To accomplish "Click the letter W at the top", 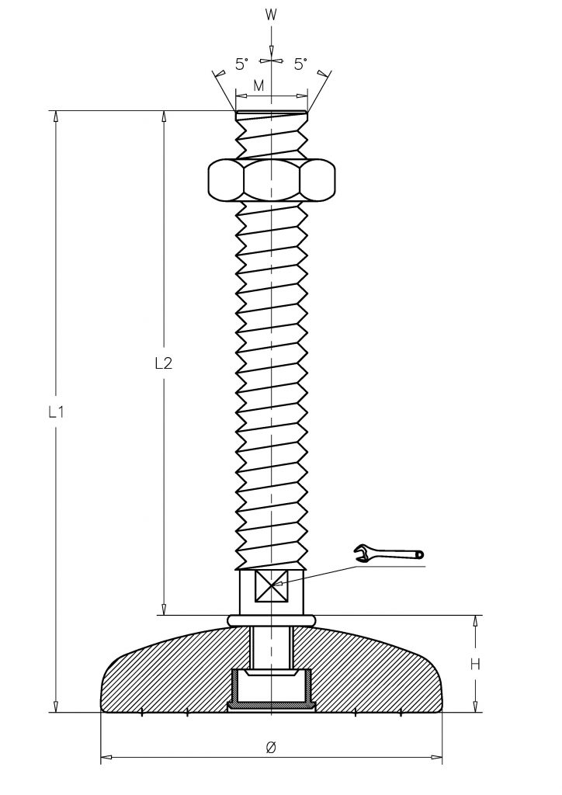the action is pyautogui.click(x=272, y=16).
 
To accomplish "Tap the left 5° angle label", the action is pyautogui.click(x=242, y=64).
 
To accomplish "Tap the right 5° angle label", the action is pyautogui.click(x=301, y=64).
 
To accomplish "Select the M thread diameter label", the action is pyautogui.click(x=259, y=85).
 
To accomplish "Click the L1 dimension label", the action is pyautogui.click(x=56, y=413).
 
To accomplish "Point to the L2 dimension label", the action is pyautogui.click(x=163, y=363).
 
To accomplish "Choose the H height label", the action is pyautogui.click(x=475, y=664).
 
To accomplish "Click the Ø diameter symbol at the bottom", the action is pyautogui.click(x=271, y=748).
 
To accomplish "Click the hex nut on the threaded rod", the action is pyautogui.click(x=272, y=179).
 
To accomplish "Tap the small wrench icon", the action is pyautogui.click(x=389, y=553).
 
